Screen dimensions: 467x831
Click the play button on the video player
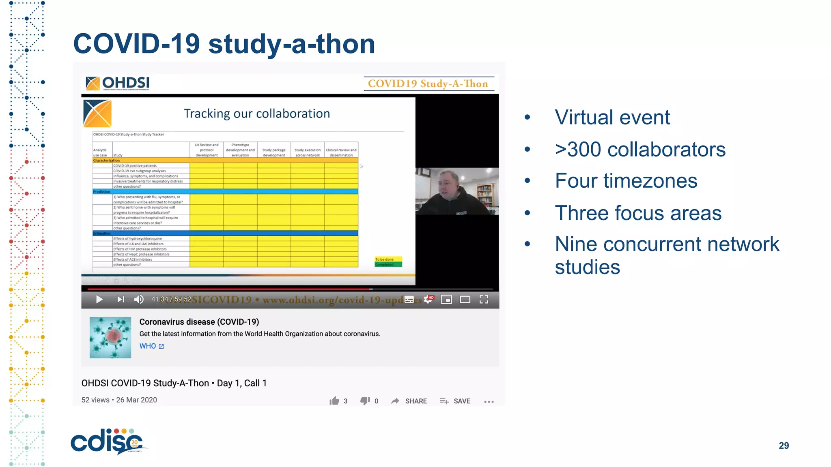point(99,300)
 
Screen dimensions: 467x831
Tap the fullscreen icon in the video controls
point(484,300)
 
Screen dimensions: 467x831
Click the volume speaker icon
point(139,300)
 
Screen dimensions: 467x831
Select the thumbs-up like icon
point(334,401)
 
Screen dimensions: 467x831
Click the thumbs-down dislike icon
point(365,401)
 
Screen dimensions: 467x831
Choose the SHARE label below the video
point(416,401)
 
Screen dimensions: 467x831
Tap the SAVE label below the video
point(462,401)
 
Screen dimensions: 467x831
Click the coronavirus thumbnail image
point(110,337)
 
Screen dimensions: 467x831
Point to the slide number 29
point(784,446)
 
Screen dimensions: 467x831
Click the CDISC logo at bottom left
point(108,441)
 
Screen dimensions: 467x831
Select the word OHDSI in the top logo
point(126,83)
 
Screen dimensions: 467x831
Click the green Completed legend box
point(388,265)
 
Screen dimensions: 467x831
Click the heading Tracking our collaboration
point(257,114)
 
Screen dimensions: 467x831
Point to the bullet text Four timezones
point(626,181)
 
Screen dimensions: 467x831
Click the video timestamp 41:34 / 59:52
point(171,299)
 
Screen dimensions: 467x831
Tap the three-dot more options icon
point(489,402)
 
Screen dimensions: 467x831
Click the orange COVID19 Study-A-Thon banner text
point(428,84)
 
